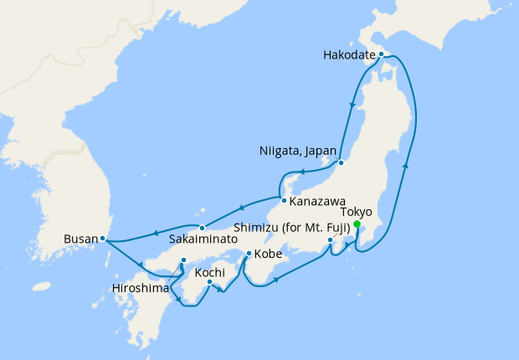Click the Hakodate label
point(348,56)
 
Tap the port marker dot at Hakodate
point(381,54)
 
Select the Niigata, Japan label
point(297,152)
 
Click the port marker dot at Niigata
point(342,162)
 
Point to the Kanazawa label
point(319,201)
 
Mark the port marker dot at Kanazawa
point(285,201)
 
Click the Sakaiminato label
point(202,239)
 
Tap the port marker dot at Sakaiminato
point(202,228)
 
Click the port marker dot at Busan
point(103,239)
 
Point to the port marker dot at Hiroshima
point(183,260)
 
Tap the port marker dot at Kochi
point(209,282)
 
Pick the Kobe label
point(268,253)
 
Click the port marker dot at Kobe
point(249,253)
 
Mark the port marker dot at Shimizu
point(331,241)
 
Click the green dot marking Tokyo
point(357,224)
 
